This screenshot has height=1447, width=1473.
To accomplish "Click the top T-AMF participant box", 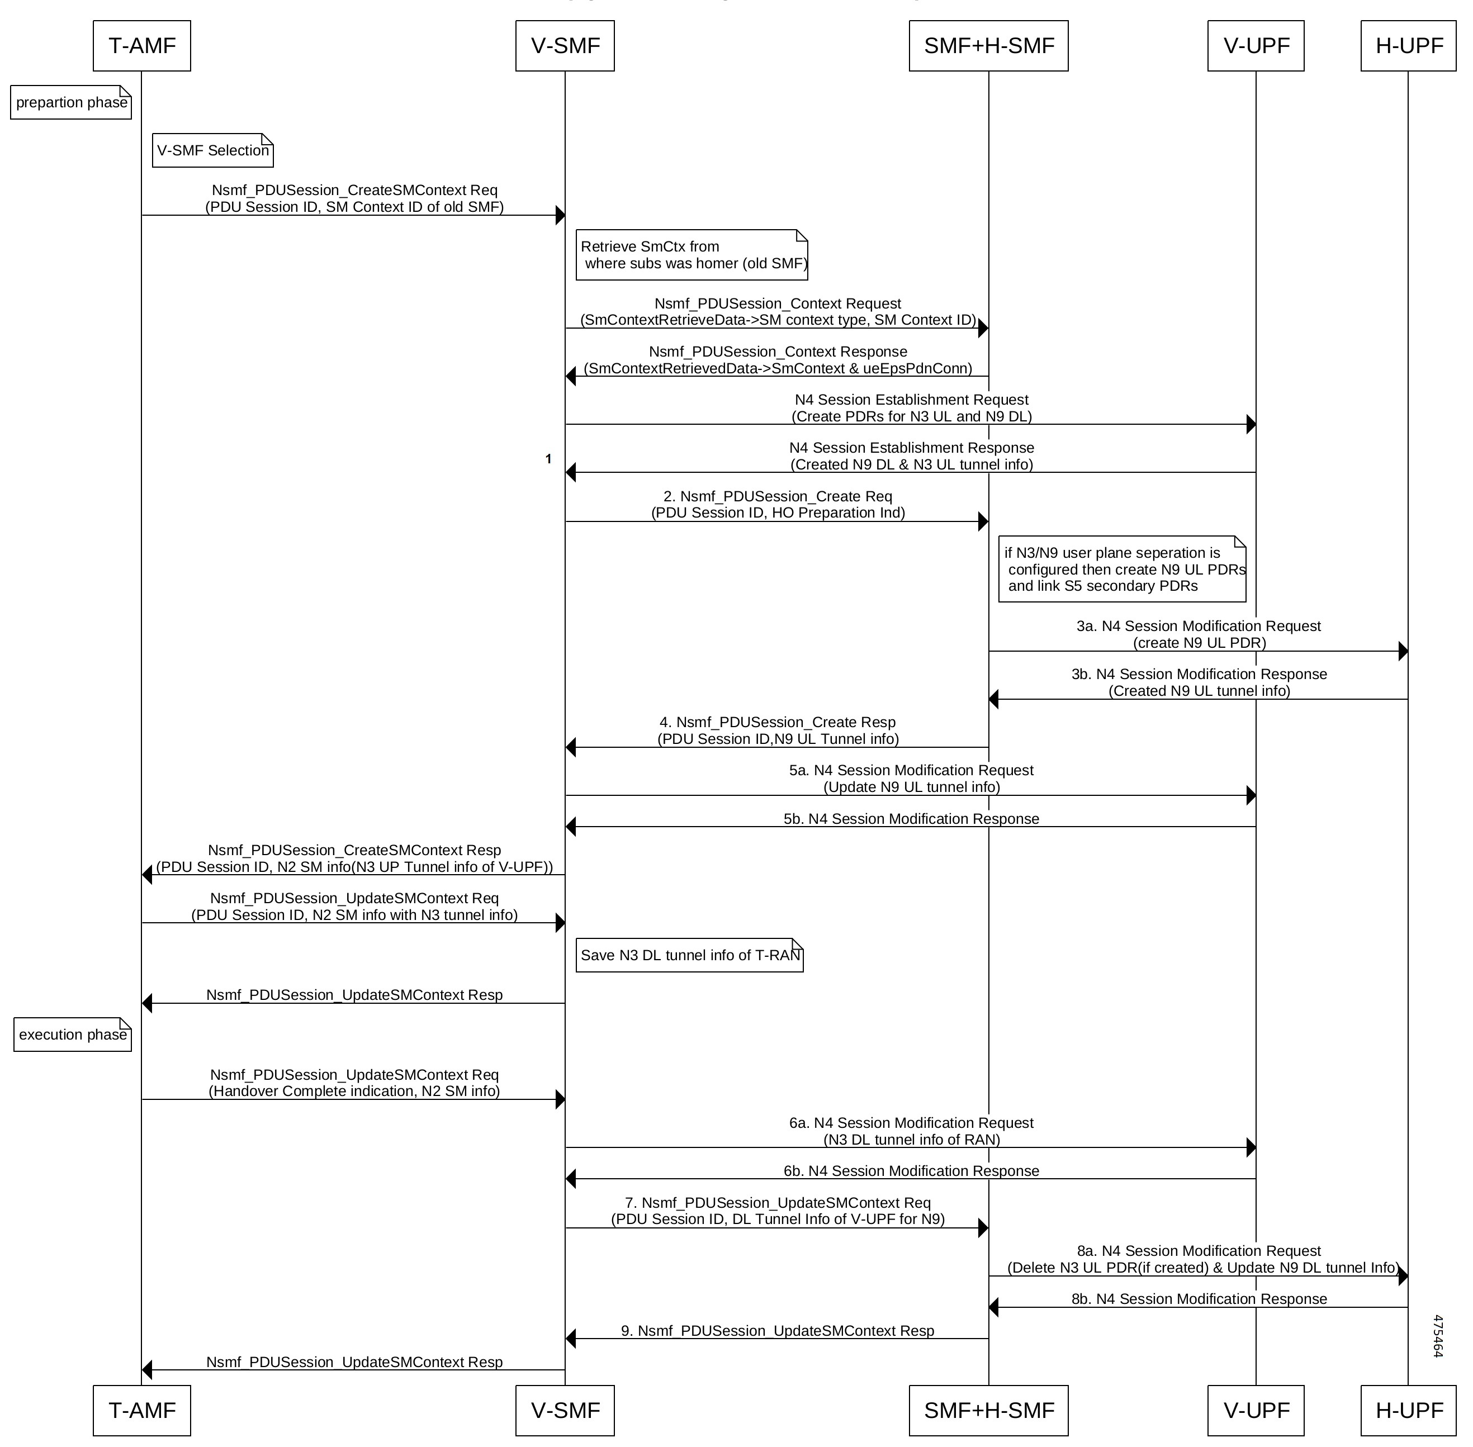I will [142, 46].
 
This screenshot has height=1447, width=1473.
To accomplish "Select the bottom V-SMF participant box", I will [565, 1411].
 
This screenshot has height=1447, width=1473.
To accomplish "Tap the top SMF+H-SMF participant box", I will [988, 46].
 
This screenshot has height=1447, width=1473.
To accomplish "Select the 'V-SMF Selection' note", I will [213, 150].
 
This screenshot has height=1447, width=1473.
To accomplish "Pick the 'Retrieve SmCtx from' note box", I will [691, 255].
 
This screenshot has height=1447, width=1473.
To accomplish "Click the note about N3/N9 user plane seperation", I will [1122, 569].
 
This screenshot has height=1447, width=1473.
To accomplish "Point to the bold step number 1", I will [548, 459].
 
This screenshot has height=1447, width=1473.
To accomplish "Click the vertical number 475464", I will [1437, 1335].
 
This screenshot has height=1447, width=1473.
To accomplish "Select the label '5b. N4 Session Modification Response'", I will [911, 818].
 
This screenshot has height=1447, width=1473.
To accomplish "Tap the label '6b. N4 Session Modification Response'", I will [911, 1170].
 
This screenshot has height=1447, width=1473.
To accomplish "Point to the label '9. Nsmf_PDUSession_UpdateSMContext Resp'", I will [778, 1331].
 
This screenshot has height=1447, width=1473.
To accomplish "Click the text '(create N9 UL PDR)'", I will [1200, 643].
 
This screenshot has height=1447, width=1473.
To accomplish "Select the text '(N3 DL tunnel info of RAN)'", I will [911, 1139].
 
